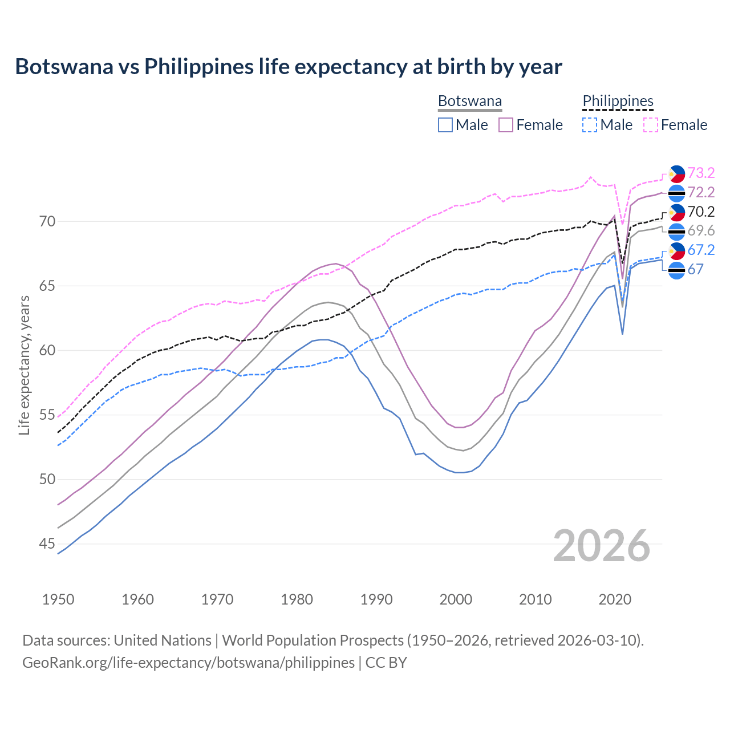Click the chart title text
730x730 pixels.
(289, 67)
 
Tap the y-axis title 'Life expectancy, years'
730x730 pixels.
(24, 365)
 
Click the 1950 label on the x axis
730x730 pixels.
(58, 599)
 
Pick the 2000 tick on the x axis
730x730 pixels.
(456, 599)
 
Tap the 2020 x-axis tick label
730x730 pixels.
(615, 599)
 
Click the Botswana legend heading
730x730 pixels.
(470, 102)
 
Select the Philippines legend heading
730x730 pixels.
(618, 102)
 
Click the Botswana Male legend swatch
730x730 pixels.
(445, 125)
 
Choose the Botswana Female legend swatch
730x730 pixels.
(506, 125)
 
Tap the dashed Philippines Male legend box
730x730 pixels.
(590, 125)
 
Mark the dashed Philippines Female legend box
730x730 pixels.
(650, 125)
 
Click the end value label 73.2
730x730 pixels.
(701, 173)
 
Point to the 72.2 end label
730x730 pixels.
(701, 192)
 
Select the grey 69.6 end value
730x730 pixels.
(701, 230)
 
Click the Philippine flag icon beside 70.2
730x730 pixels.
(676, 212)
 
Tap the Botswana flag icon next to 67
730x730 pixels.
(676, 270)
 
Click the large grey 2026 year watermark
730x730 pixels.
(601, 546)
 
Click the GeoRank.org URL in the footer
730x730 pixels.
(188, 663)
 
